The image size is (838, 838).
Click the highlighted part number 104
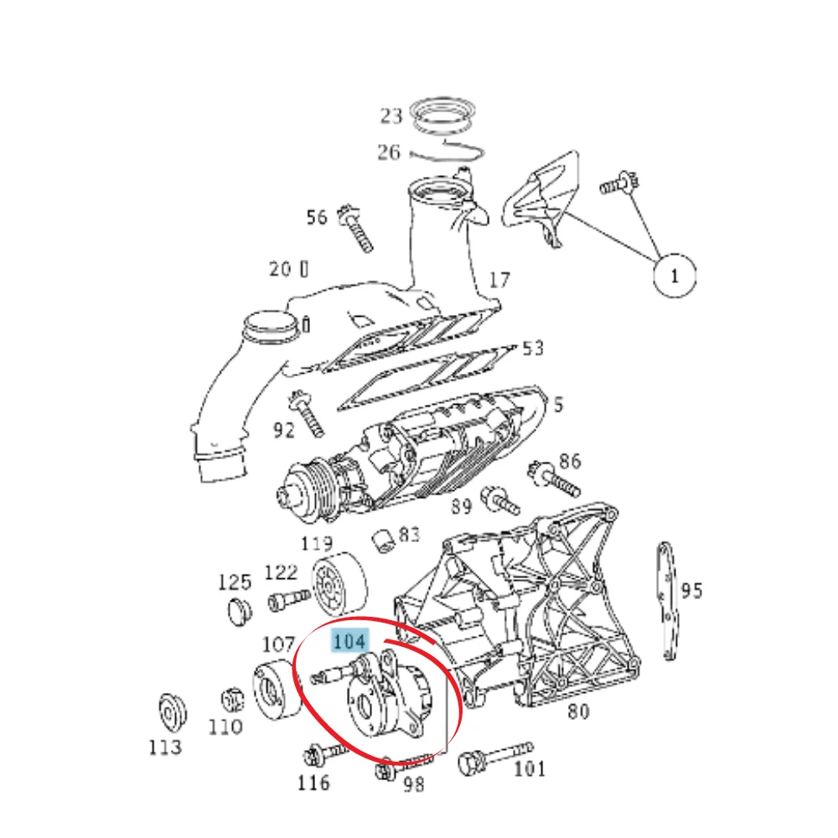coord(350,640)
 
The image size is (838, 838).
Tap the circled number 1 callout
coord(675,275)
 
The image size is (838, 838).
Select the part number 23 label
coord(391,116)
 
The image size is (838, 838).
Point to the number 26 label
coord(389,153)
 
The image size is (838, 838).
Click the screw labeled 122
coord(288,600)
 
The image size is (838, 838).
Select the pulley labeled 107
coord(277,690)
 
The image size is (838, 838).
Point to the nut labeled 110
coord(233,700)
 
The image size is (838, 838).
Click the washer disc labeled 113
coord(173,713)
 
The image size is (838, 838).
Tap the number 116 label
coord(313,783)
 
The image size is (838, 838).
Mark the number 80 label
coord(578,711)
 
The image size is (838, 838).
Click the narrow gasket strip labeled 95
coord(668,601)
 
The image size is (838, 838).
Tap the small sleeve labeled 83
coord(384,541)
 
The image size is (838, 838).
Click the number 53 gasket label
coord(532,349)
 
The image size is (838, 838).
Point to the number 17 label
coord(499,280)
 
